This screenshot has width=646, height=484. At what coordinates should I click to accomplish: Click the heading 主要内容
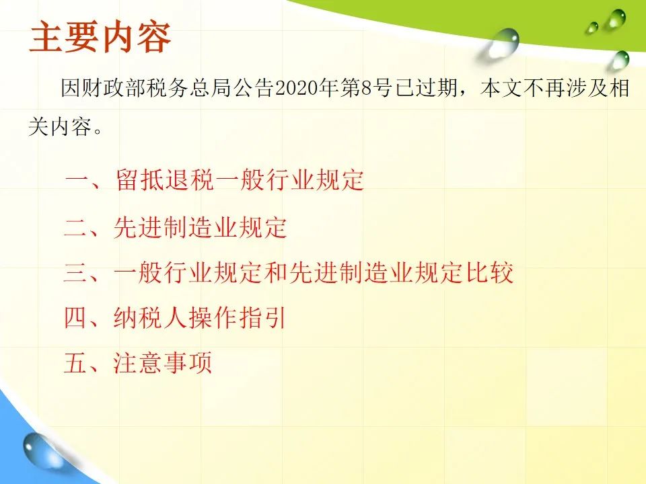click(x=100, y=38)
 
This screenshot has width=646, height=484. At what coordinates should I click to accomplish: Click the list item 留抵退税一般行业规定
click(x=240, y=180)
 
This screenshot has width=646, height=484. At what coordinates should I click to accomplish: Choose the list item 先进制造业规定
click(x=201, y=227)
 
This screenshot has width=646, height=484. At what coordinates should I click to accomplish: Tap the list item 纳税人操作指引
click(x=200, y=317)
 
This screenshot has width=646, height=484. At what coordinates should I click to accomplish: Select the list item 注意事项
click(x=163, y=362)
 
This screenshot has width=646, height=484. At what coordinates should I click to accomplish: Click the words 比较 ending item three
click(x=490, y=272)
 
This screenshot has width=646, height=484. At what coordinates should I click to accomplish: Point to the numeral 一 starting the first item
click(x=77, y=180)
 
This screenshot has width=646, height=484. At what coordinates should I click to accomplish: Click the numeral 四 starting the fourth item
click(x=76, y=317)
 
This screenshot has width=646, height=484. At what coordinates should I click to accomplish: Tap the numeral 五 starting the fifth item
click(x=76, y=362)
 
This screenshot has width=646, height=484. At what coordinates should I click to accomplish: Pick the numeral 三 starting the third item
click(x=76, y=272)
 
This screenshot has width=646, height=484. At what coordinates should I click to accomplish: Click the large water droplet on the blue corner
click(x=40, y=450)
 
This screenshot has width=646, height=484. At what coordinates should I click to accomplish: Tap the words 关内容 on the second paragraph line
click(x=60, y=126)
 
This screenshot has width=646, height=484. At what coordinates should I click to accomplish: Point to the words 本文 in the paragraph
click(x=501, y=88)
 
